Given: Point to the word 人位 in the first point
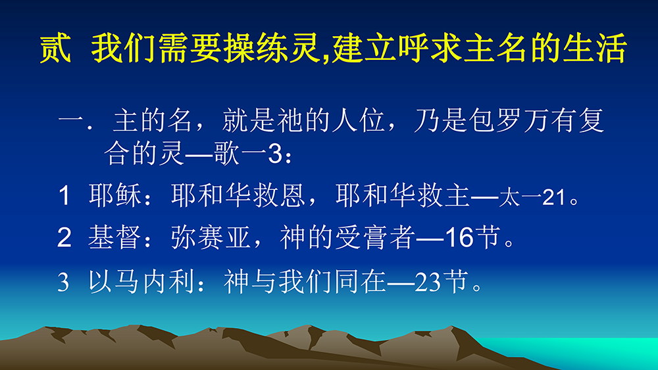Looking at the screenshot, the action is click(358, 121).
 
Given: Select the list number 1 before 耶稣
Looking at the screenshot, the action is click(64, 196).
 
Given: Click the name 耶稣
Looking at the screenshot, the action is click(114, 195).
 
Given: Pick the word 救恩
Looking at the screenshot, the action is click(278, 195).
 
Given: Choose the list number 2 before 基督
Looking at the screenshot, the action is click(64, 238).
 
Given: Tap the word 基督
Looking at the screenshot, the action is click(114, 237).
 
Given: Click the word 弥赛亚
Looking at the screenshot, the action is click(211, 237).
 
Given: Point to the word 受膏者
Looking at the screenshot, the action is click(375, 237).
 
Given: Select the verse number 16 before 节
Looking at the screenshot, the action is click(459, 238).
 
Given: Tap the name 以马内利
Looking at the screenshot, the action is click(141, 281).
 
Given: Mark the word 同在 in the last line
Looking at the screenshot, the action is click(361, 281).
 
